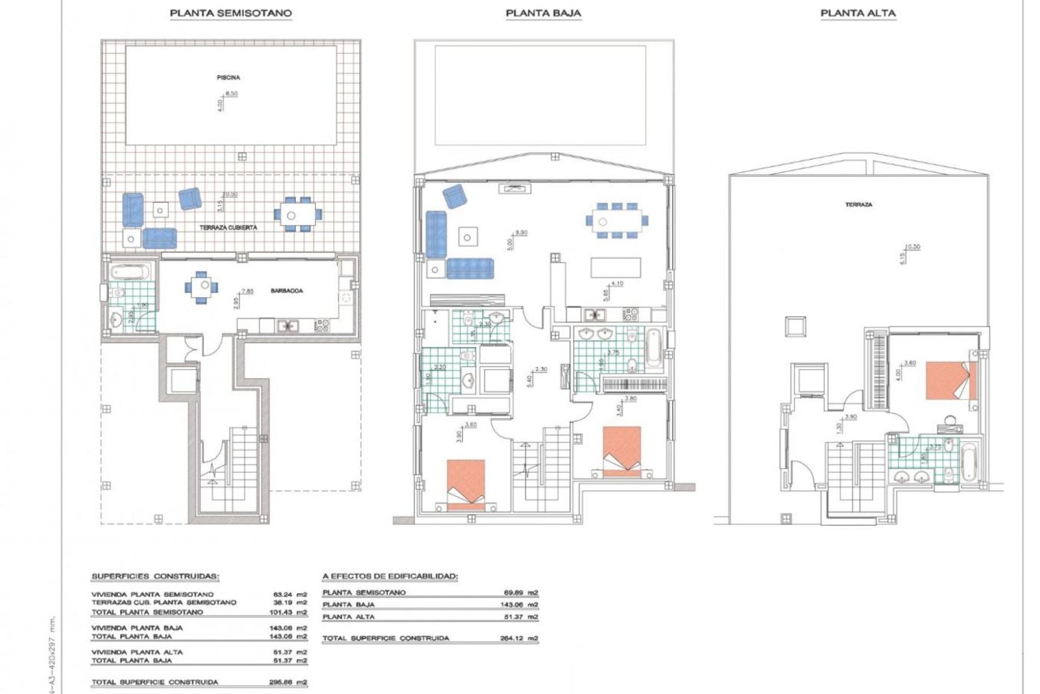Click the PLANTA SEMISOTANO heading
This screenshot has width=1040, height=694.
tap(231, 13)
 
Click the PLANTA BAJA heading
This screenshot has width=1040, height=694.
tap(543, 13)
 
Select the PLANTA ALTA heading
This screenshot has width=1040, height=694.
tap(858, 13)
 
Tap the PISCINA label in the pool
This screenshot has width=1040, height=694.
tap(228, 78)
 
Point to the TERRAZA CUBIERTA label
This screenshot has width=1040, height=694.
tap(228, 228)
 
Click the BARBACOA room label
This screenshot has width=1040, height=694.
tap(287, 291)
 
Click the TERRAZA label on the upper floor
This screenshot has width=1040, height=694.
tap(859, 205)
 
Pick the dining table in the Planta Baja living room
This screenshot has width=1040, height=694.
tap(616, 221)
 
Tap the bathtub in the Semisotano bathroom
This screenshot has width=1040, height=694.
tap(129, 271)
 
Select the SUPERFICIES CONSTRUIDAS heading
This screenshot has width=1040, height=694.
tap(155, 576)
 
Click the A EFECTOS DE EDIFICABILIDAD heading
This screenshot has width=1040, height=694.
tap(389, 576)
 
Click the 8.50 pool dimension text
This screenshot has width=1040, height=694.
tap(231, 94)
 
